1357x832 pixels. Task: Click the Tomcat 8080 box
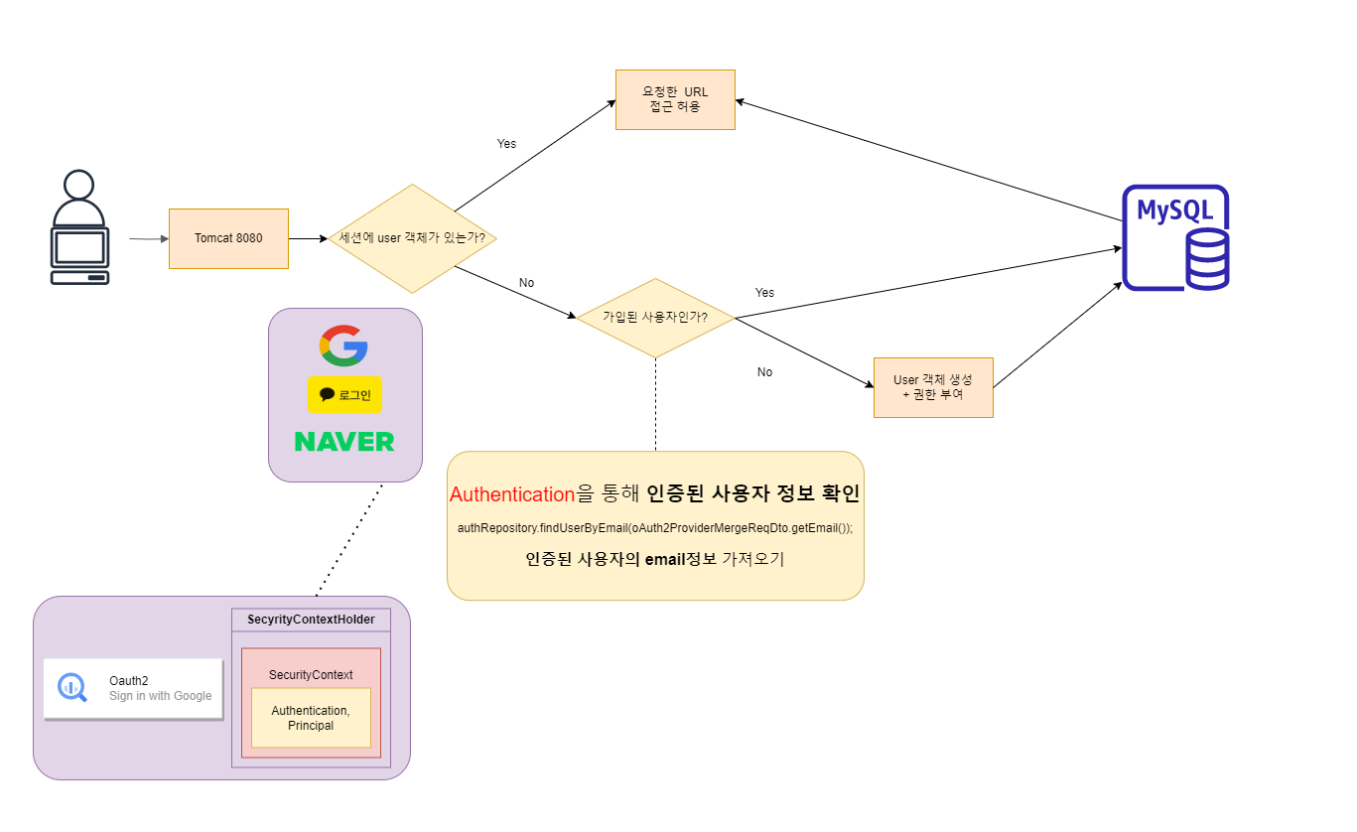[x=228, y=238]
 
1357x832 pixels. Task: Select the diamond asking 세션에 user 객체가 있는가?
[x=412, y=238]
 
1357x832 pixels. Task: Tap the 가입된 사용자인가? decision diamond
[x=655, y=318]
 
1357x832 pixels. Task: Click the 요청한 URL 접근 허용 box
[x=675, y=99]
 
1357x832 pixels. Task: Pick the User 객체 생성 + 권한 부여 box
[x=932, y=387]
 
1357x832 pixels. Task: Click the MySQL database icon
[x=1175, y=238]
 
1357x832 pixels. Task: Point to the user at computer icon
[x=79, y=228]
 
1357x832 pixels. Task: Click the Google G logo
[x=343, y=347]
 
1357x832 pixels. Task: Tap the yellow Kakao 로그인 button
[x=344, y=395]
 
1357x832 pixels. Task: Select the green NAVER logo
[x=344, y=442]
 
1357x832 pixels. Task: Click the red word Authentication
[x=512, y=494]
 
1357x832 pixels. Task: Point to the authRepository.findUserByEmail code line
[x=654, y=528]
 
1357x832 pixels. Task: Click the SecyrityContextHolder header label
[x=311, y=620]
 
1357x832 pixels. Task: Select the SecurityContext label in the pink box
[x=311, y=675]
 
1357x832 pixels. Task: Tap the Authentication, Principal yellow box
[x=311, y=718]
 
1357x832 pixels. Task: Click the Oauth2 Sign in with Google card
[x=133, y=688]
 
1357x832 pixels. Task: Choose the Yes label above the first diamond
[x=506, y=144]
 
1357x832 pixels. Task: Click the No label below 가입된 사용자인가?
[x=764, y=372]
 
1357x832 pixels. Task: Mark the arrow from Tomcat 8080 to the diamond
[x=308, y=238]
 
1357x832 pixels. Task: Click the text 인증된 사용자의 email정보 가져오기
[x=654, y=559]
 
